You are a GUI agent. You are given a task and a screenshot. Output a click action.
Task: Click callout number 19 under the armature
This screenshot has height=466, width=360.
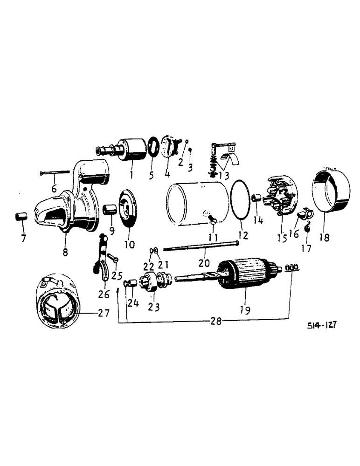click(245, 308)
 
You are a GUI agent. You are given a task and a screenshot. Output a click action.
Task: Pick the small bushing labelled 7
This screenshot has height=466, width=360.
click(21, 218)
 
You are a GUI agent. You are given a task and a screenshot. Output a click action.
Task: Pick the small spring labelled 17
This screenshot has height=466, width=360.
click(308, 228)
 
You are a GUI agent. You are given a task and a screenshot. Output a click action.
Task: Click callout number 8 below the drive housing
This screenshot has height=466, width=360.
click(65, 252)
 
